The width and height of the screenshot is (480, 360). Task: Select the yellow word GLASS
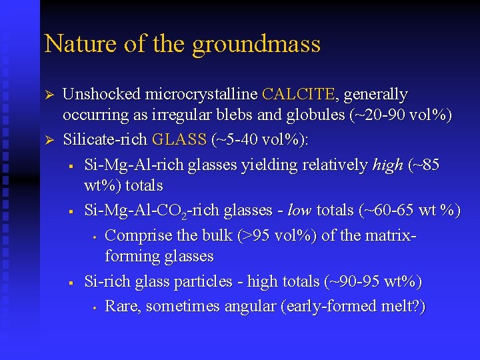pyautogui.click(x=179, y=140)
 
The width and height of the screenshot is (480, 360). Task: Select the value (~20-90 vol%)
pyautogui.click(x=400, y=115)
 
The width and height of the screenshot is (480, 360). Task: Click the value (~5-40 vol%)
pyautogui.click(x=258, y=140)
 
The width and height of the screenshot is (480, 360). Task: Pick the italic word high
pyautogui.click(x=387, y=165)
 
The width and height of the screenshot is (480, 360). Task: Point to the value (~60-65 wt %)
pyautogui.click(x=409, y=210)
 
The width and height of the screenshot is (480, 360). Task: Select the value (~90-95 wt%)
pyautogui.click(x=373, y=282)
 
